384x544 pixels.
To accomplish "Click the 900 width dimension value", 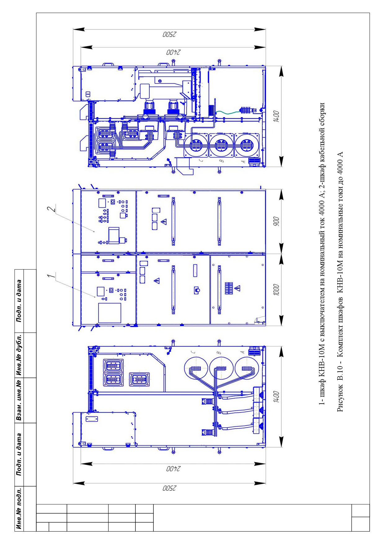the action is [276, 222].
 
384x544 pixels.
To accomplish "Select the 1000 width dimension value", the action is [276, 290].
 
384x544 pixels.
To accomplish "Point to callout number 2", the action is [54, 207].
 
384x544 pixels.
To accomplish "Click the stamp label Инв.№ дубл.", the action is [19, 355].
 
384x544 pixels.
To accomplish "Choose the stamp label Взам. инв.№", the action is [19, 400].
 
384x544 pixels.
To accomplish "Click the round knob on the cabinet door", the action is [197, 290].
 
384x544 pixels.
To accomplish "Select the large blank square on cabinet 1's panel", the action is [110, 313].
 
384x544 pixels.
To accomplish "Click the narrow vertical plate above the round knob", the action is [195, 270].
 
